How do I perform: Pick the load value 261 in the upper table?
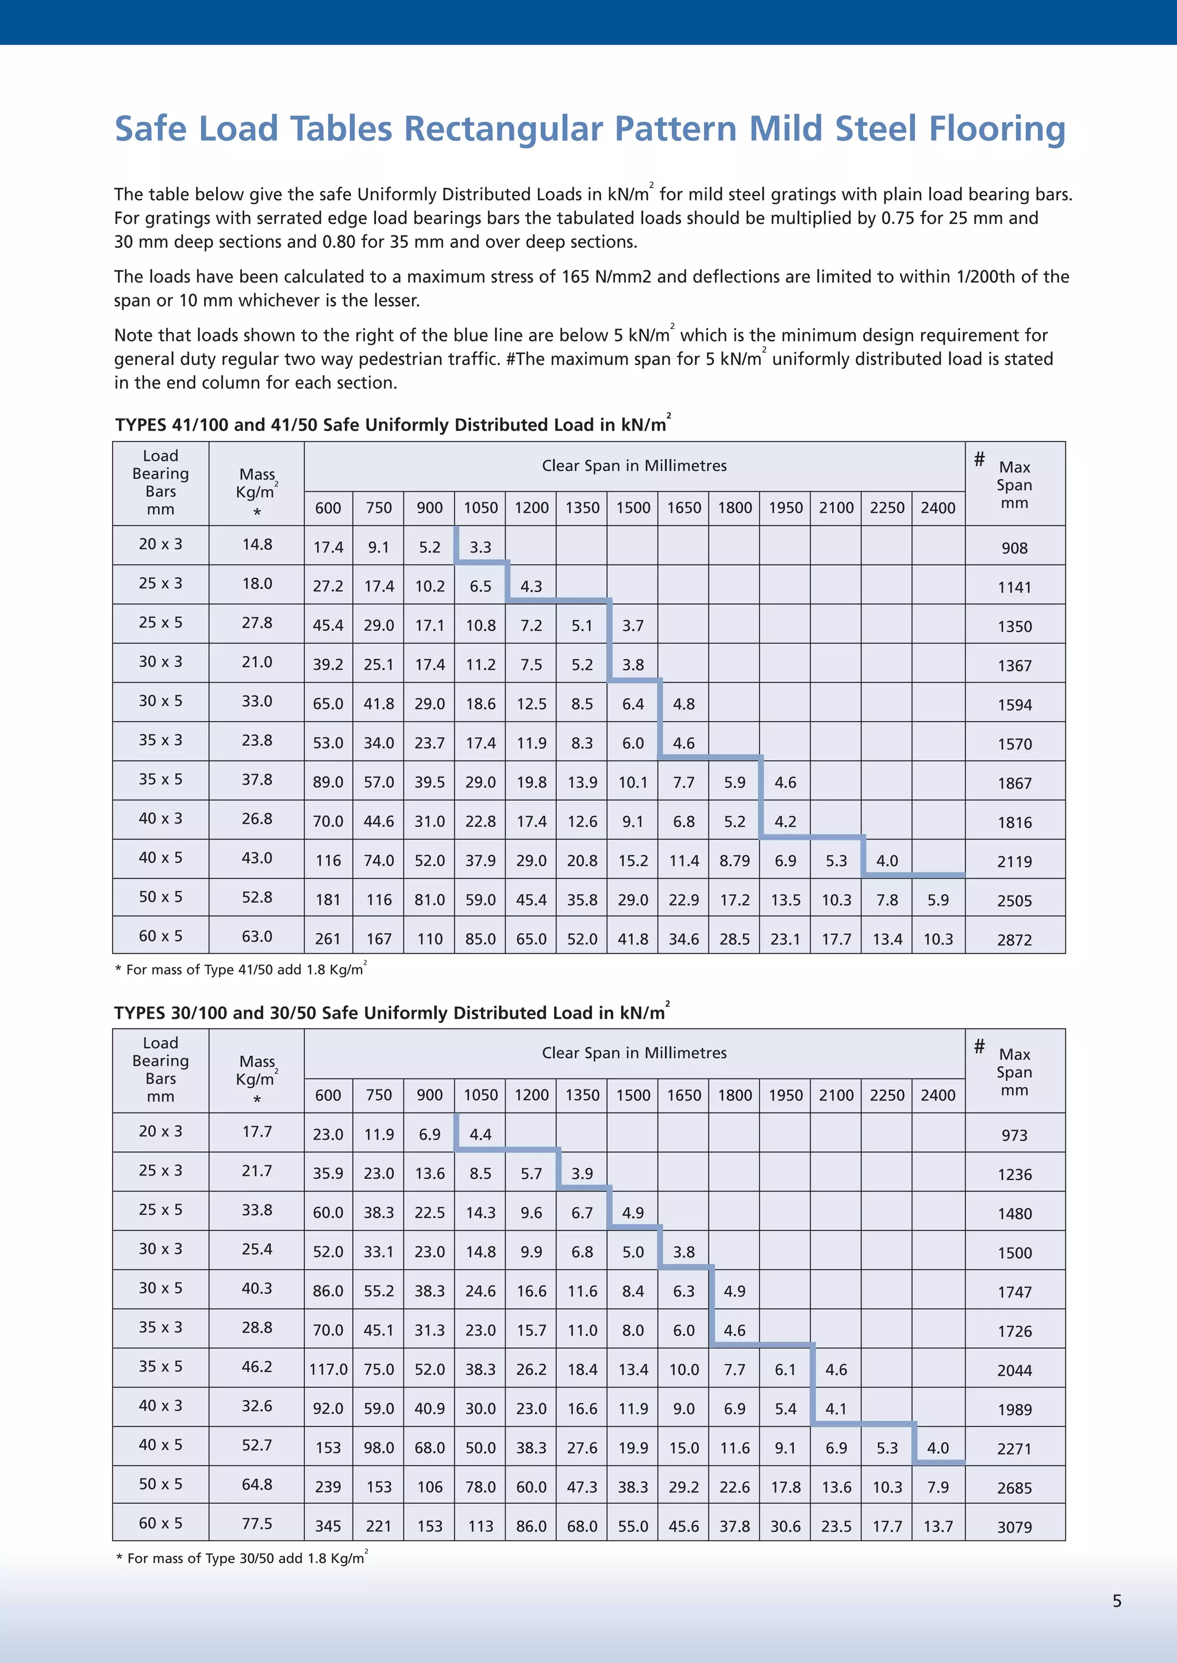(328, 939)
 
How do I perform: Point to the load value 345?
(328, 1526)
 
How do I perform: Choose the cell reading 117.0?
(328, 1369)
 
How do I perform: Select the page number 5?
(1117, 1601)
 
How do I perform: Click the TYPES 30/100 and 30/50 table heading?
(391, 1012)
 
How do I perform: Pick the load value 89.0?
(328, 782)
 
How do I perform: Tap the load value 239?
(328, 1487)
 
